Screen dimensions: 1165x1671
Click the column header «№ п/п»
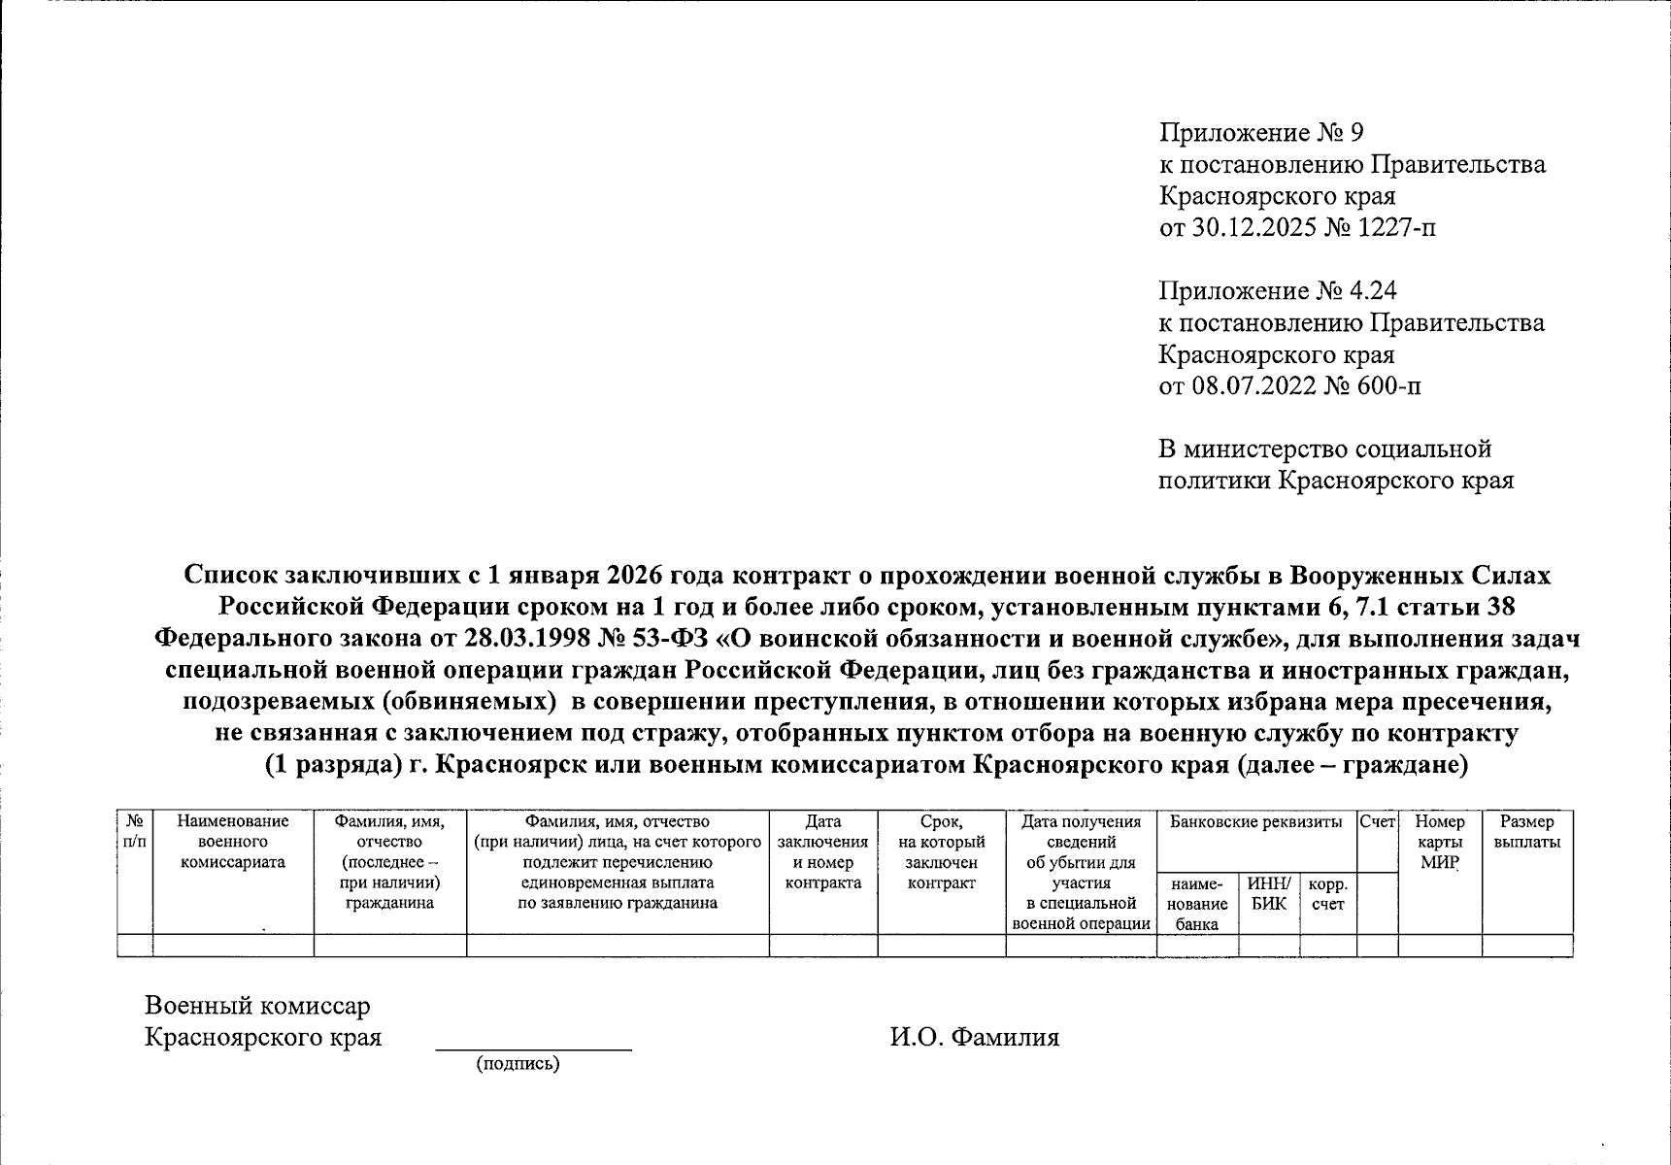click(x=135, y=832)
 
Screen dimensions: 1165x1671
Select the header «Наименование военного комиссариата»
click(x=233, y=842)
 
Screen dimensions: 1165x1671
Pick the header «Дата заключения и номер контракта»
click(x=822, y=851)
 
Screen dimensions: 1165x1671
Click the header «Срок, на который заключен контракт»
click(x=941, y=851)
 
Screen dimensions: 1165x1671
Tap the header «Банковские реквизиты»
click(x=1255, y=822)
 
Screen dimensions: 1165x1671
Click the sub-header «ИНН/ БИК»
click(x=1268, y=893)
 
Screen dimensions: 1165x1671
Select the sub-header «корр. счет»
click(x=1327, y=893)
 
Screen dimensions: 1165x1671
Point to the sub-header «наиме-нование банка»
click(x=1197, y=904)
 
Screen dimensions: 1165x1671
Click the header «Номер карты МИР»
click(x=1439, y=842)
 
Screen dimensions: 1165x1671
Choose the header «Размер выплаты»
click(x=1526, y=832)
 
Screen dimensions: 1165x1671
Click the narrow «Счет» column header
click(x=1377, y=822)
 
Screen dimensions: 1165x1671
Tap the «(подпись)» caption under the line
click(x=518, y=1064)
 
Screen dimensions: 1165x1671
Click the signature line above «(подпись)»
click(x=533, y=1048)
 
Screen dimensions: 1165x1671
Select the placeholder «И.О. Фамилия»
click(x=974, y=1037)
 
